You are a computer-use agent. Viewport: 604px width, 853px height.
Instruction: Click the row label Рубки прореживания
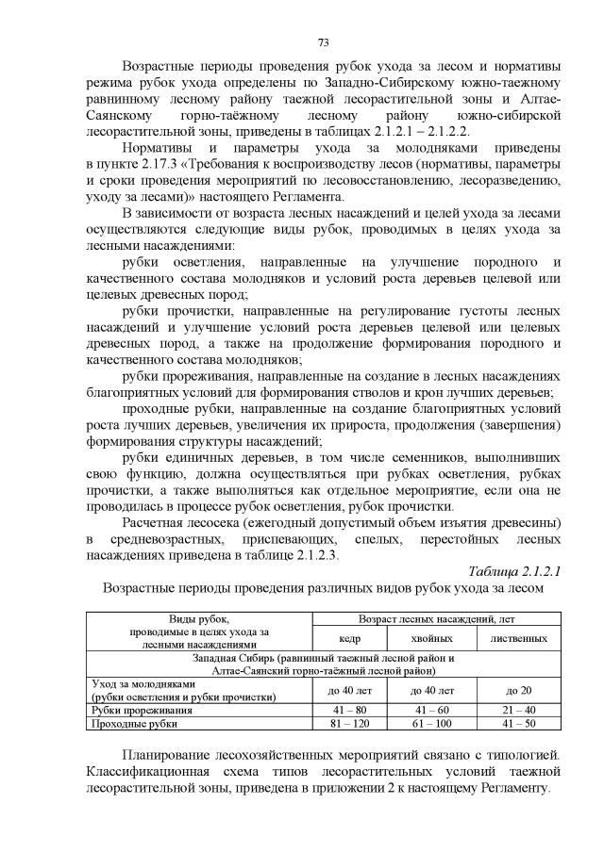(139, 710)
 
